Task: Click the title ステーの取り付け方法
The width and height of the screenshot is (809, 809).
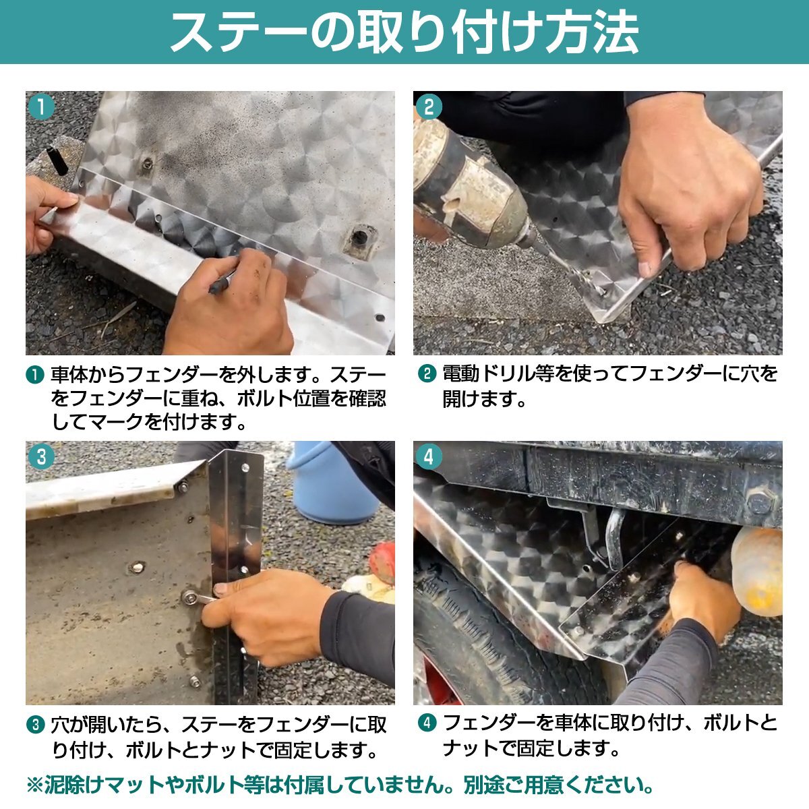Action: click(404, 32)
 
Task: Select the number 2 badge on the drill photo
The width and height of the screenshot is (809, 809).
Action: click(429, 107)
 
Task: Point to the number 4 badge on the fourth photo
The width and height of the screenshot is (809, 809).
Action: click(429, 457)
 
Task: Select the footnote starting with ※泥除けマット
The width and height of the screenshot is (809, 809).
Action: click(340, 785)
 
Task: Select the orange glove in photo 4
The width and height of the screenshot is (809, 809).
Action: click(758, 570)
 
